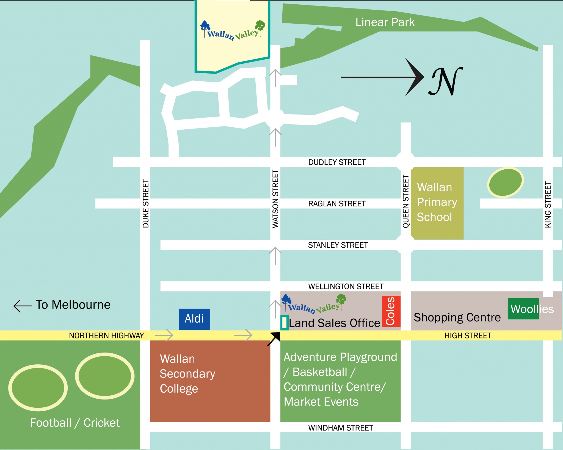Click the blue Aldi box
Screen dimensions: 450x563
194,319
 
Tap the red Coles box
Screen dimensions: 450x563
391,311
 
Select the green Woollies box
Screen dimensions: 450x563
523,309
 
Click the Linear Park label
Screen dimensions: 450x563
385,22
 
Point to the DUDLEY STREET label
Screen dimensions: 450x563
337,162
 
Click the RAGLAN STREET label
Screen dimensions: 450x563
337,204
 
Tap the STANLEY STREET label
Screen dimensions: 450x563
338,245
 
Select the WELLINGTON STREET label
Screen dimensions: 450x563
346,287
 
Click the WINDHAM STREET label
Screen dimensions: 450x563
340,428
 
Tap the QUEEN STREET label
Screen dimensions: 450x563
405,202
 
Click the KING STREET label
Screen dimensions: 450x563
548,205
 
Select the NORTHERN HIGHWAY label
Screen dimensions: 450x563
106,336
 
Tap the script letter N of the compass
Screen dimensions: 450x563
445,81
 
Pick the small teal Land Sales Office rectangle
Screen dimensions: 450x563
284,322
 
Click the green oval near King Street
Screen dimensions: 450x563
505,182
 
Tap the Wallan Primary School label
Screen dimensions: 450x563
437,202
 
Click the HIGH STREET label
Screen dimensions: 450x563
468,336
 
